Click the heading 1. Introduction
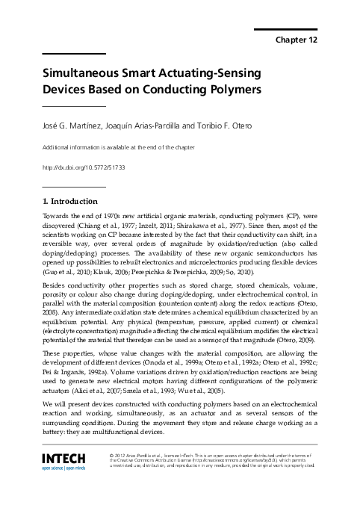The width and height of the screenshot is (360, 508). [70, 201]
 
